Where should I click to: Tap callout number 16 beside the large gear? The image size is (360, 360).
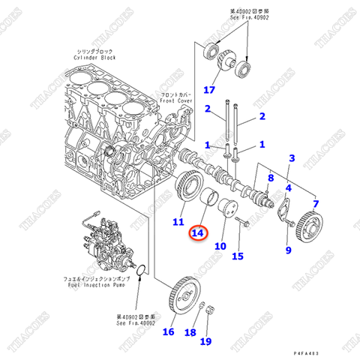click(x=168, y=331)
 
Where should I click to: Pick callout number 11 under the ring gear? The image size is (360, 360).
click(x=178, y=222)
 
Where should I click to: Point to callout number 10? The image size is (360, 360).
click(x=220, y=245)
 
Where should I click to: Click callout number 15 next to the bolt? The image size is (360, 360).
click(x=238, y=256)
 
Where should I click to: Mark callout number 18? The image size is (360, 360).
click(x=191, y=331)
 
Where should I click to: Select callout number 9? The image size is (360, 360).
click(x=287, y=250)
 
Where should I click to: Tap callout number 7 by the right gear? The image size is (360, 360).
click(x=316, y=203)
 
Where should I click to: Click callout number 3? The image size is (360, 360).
click(x=292, y=159)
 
